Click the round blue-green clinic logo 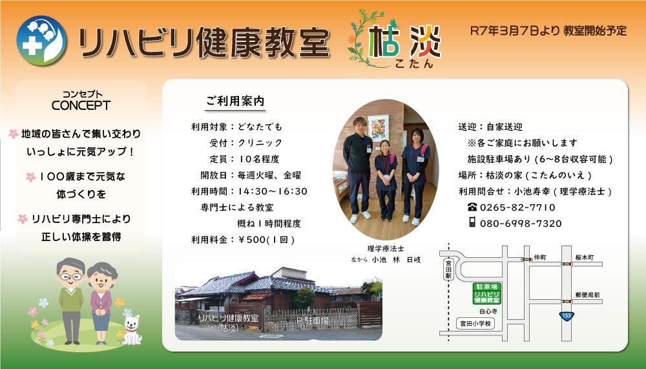pos(41,41)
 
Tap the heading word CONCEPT pos(81,105)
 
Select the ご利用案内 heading pos(235,101)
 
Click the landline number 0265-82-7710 pos(517,207)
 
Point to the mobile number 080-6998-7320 pos(521,224)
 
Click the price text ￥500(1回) pos(266,240)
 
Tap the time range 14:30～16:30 pos(273,191)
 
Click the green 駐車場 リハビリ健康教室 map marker pos(486,293)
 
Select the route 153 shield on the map pos(567,316)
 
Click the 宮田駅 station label pos(449,269)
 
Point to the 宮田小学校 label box pos(475,324)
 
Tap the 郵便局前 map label pos(587,295)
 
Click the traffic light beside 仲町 pos(526,259)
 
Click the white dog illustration pos(132,329)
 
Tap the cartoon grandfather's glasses pos(70,275)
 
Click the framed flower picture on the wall pos(378,128)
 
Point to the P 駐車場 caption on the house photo pos(312,321)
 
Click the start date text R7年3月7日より pos(515,31)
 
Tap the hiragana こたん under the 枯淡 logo pos(413,63)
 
